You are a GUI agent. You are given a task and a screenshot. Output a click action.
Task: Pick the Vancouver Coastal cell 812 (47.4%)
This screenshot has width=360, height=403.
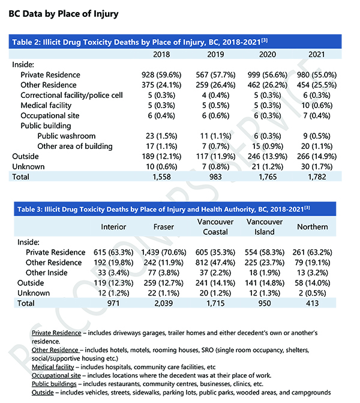(211, 262)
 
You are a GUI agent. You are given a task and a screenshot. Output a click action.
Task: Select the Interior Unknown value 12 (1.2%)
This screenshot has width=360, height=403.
(112, 294)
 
